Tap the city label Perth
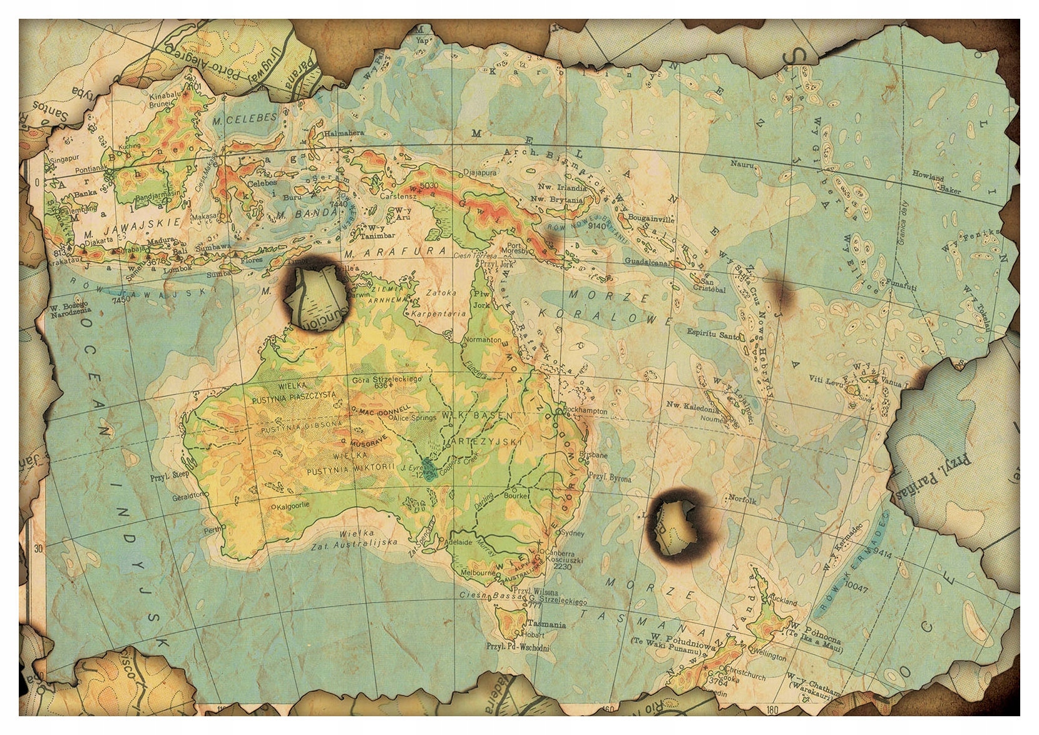[x=214, y=529]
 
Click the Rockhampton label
[x=585, y=411]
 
